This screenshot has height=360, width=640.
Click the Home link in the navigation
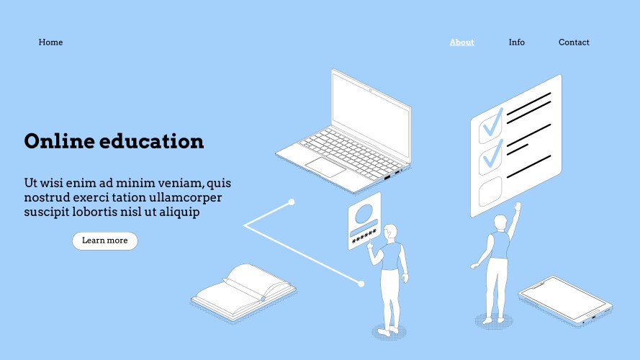(x=50, y=42)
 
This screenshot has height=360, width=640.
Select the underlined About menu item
(x=461, y=42)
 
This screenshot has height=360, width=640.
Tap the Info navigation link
(x=516, y=42)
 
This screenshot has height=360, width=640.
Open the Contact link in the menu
(x=574, y=42)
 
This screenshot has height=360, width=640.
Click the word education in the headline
(x=151, y=141)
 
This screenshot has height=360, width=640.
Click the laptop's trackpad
(x=325, y=167)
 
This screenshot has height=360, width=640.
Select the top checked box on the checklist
(x=490, y=126)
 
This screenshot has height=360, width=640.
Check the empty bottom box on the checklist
(x=490, y=192)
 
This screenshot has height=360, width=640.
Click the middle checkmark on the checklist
(x=492, y=155)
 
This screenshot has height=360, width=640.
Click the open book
(x=243, y=292)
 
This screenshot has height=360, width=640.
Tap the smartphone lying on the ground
(x=565, y=300)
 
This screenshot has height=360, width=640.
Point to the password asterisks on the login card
(x=364, y=236)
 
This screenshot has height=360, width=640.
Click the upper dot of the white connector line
(x=292, y=202)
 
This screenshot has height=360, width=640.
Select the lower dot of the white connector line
(x=361, y=284)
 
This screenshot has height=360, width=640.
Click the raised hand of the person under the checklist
(x=518, y=206)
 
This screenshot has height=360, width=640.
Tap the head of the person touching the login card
(x=391, y=232)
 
